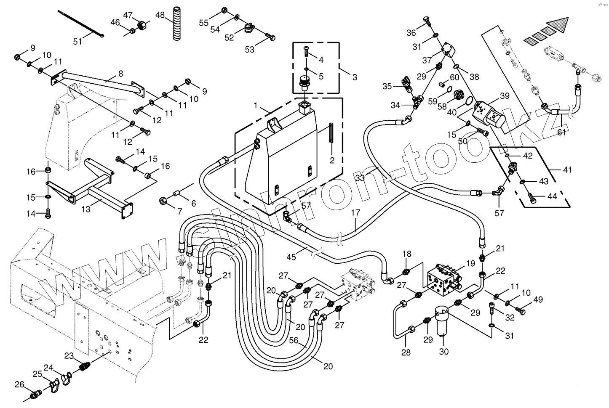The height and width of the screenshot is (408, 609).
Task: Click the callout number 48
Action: pyautogui.click(x=160, y=15)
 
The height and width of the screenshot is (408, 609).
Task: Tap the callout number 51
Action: pyautogui.click(x=78, y=41)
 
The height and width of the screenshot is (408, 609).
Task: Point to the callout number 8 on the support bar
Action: pyautogui.click(x=121, y=74)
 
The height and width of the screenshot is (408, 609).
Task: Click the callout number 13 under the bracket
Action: pyautogui.click(x=86, y=209)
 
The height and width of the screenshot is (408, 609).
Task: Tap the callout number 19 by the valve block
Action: pyautogui.click(x=470, y=264)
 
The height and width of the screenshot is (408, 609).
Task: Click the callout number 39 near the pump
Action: pyautogui.click(x=505, y=96)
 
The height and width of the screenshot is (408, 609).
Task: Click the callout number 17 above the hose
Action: pyautogui.click(x=355, y=213)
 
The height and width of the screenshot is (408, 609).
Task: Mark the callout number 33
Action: pyautogui.click(x=359, y=178)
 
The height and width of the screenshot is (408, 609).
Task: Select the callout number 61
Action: pyautogui.click(x=561, y=133)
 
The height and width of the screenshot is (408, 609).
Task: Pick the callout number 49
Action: pyautogui.click(x=538, y=299)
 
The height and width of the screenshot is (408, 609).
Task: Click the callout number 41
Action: pyautogui.click(x=568, y=170)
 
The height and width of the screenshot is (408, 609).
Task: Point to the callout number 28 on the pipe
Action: pyautogui.click(x=406, y=352)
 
